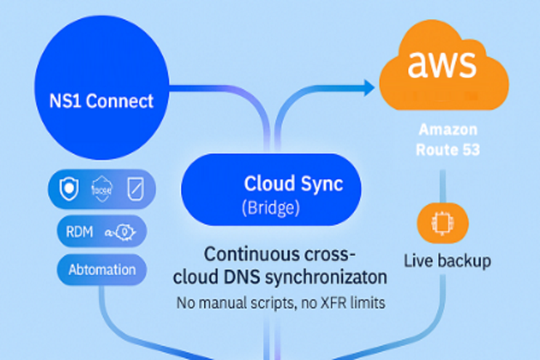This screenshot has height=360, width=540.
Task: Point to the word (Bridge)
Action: [x=271, y=206]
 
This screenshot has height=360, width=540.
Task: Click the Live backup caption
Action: [x=447, y=260]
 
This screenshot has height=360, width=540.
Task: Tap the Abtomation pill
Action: [x=102, y=269]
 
